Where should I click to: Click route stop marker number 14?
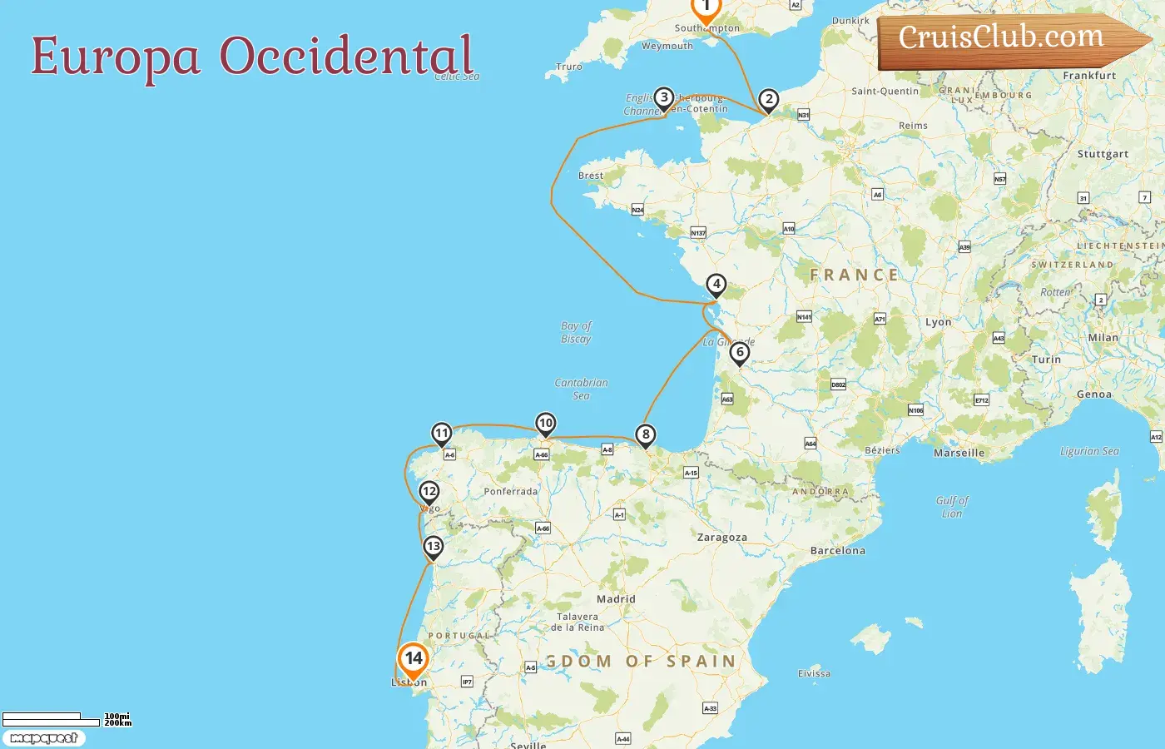click(413, 659)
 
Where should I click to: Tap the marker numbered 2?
click(769, 100)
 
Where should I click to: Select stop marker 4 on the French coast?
click(716, 285)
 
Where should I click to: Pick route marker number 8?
click(645, 434)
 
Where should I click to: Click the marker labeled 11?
click(441, 433)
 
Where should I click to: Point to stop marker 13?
click(433, 547)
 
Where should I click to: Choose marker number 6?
click(739, 352)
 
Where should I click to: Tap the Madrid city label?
click(616, 599)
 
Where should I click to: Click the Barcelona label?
click(837, 551)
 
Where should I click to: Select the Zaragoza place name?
click(721, 538)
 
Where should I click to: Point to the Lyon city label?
click(938, 322)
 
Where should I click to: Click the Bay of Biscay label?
click(576, 332)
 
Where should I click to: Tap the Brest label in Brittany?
click(591, 176)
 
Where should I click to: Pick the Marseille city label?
click(959, 453)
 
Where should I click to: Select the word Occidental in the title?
click(346, 56)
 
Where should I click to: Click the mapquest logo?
click(43, 738)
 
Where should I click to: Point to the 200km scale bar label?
click(117, 723)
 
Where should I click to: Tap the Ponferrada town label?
click(510, 492)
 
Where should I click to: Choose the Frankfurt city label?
click(1088, 76)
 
